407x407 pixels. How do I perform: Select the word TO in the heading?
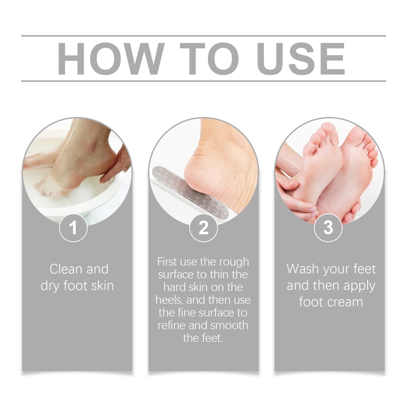pos(209,59)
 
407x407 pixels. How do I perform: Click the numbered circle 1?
pos(73,228)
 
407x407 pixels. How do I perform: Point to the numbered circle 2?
pos(203,228)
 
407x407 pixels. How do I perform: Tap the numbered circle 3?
pos(328,228)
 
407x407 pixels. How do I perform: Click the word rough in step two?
pos(234,262)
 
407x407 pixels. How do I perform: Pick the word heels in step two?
pos(169,300)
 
